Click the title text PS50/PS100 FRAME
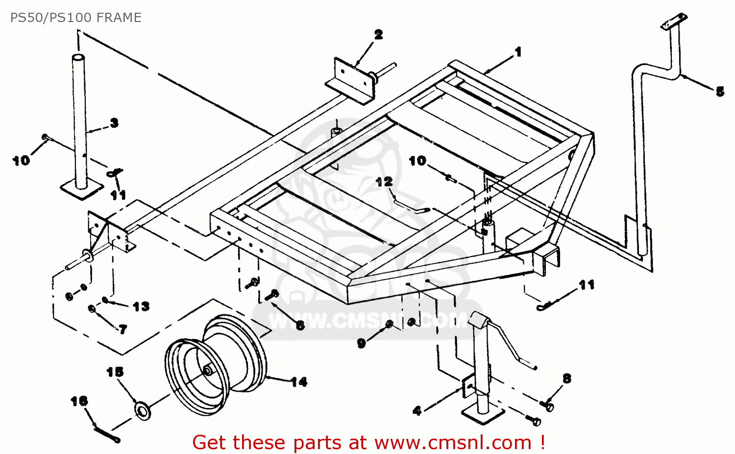[76, 18]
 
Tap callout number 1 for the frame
[518, 52]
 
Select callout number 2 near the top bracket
[378, 35]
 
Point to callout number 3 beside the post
[114, 123]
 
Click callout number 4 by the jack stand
[417, 410]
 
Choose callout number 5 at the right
[719, 92]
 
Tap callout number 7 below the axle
[122, 329]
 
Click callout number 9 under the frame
[362, 343]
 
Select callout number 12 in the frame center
[385, 182]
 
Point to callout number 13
[141, 307]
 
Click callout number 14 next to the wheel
[298, 382]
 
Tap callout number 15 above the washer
[115, 372]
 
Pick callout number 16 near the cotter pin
[79, 402]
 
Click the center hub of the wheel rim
[208, 371]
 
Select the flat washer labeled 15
[143, 410]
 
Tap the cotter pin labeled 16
[106, 434]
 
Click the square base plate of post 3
[82, 189]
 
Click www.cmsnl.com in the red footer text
[453, 443]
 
